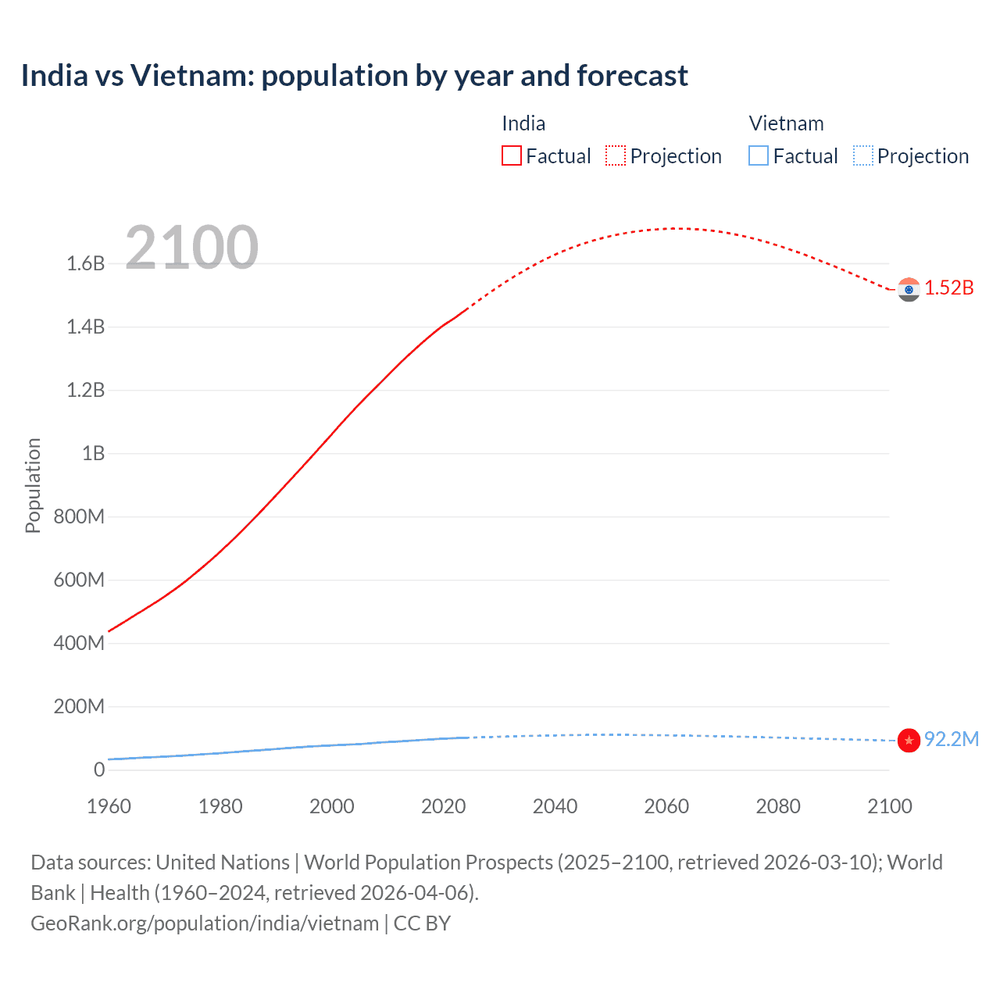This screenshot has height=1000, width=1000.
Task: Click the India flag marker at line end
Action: pyautogui.click(x=909, y=290)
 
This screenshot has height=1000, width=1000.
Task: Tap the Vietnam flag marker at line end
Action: pyautogui.click(x=909, y=740)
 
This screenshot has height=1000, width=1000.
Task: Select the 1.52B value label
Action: pyautogui.click(x=949, y=288)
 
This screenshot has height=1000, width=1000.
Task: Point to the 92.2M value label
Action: pyautogui.click(x=952, y=740)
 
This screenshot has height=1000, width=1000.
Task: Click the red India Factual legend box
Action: pyautogui.click(x=512, y=156)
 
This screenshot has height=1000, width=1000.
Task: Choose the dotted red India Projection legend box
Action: pyautogui.click(x=616, y=156)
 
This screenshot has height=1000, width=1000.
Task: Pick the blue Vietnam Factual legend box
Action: pyautogui.click(x=759, y=156)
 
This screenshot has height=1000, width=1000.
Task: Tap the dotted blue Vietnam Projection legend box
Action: pyautogui.click(x=863, y=156)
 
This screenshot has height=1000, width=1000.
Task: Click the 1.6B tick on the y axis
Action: pyautogui.click(x=86, y=264)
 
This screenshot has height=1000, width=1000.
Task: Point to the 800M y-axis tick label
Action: pyautogui.click(x=80, y=517)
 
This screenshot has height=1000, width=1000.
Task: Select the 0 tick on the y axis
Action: pyautogui.click(x=99, y=770)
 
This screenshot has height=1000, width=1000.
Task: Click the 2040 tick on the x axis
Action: pyautogui.click(x=555, y=806)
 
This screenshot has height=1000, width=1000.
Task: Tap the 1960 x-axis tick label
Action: pyautogui.click(x=109, y=806)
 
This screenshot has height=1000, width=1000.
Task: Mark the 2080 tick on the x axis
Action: pyautogui.click(x=778, y=806)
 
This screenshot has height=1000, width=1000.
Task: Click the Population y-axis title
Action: pyautogui.click(x=33, y=485)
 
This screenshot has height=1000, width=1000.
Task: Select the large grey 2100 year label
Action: pyautogui.click(x=191, y=248)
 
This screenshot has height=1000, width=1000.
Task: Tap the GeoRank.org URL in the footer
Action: pyautogui.click(x=205, y=923)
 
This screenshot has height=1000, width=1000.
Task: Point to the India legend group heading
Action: pyautogui.click(x=523, y=123)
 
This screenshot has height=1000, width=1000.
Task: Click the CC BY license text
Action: pyautogui.click(x=422, y=923)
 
